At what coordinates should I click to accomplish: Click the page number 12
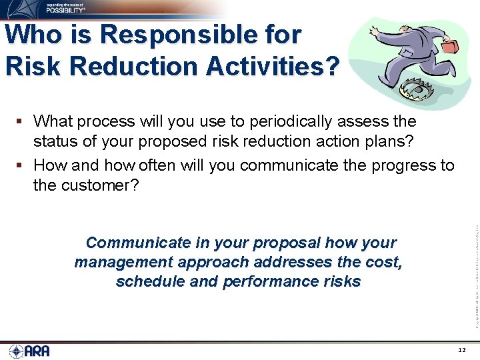coord(463,351)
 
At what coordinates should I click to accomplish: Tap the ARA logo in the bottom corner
coord(30,351)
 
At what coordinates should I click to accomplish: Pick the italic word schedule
coord(150,282)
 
